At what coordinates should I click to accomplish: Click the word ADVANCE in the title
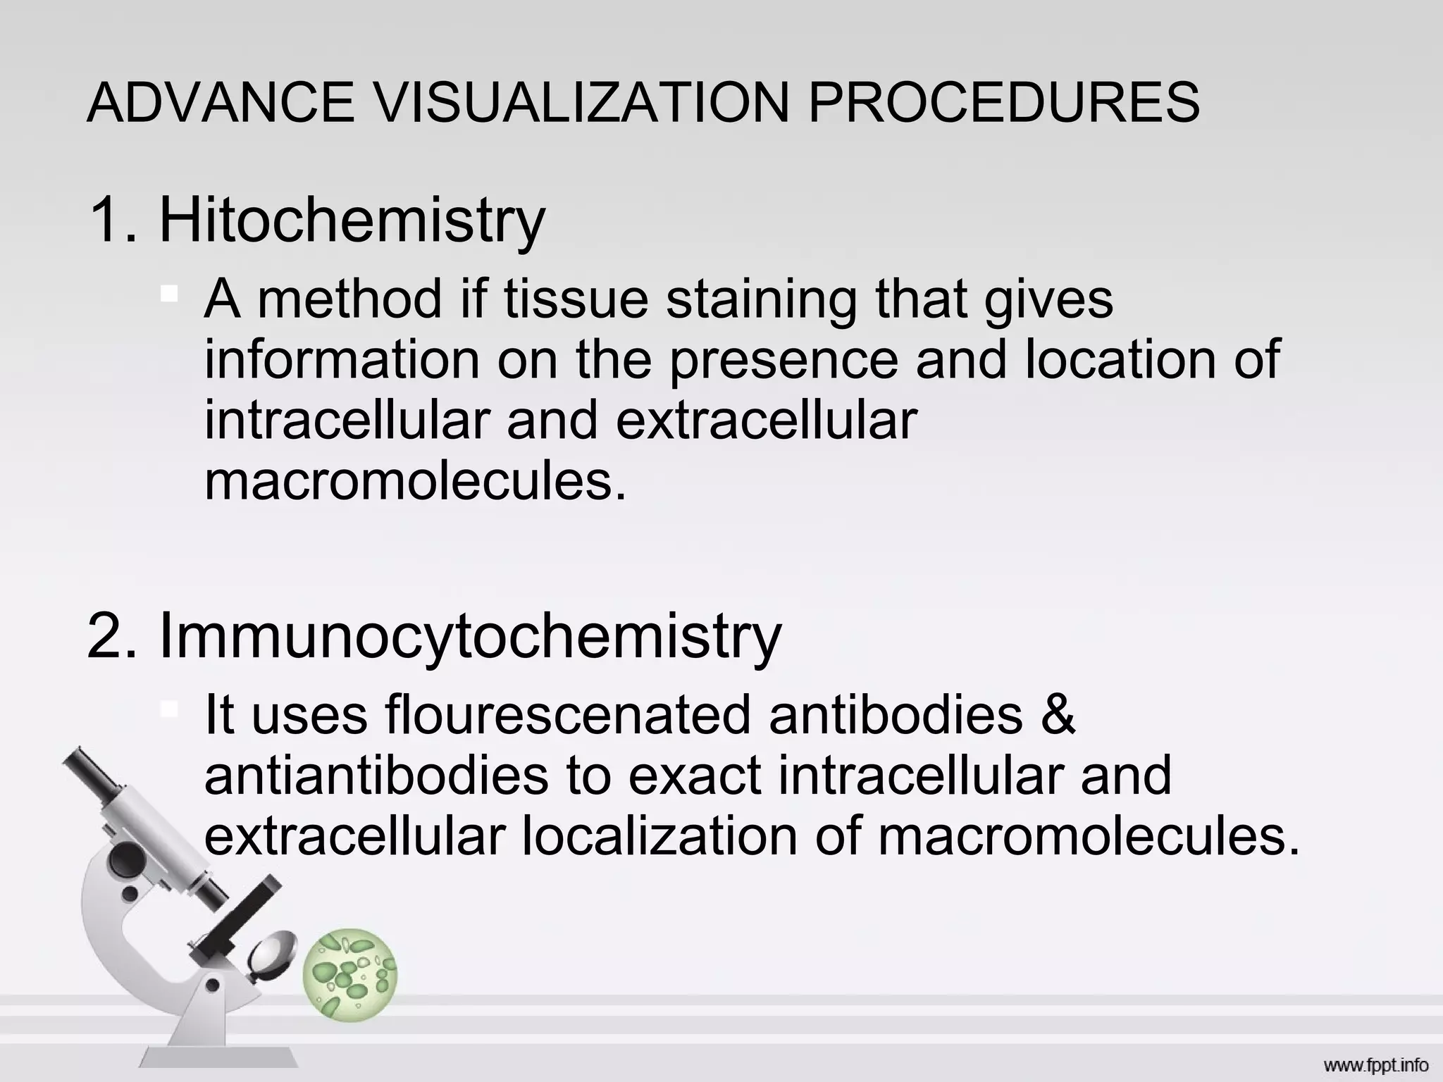tap(221, 103)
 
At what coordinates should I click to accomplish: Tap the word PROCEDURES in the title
tap(1003, 103)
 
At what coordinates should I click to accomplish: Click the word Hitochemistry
tap(352, 221)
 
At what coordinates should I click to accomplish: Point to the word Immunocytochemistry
tap(471, 637)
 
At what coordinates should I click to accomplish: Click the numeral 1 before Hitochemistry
tap(106, 220)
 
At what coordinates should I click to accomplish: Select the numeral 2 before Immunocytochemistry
tap(106, 635)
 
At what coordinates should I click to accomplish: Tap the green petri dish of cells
tap(350, 975)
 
